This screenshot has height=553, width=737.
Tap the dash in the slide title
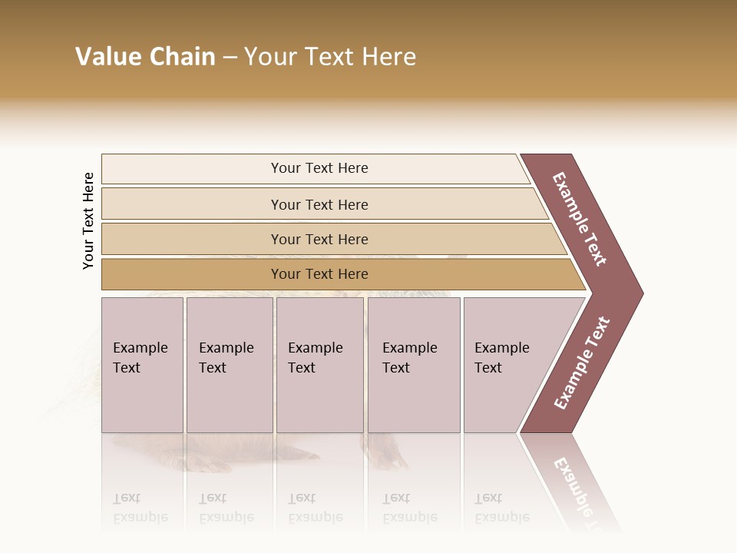coord(230,58)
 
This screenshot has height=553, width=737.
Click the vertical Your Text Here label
coord(88,220)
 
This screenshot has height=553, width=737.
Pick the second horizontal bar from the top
coord(319,204)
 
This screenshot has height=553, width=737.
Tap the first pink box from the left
coord(142,365)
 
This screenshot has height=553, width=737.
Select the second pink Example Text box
coord(229,365)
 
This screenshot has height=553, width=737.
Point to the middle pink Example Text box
coord(319,365)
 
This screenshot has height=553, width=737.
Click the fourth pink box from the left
coord(414,365)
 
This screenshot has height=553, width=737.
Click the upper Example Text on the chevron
coord(580,218)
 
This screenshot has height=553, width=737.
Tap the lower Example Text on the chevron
coord(582,363)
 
